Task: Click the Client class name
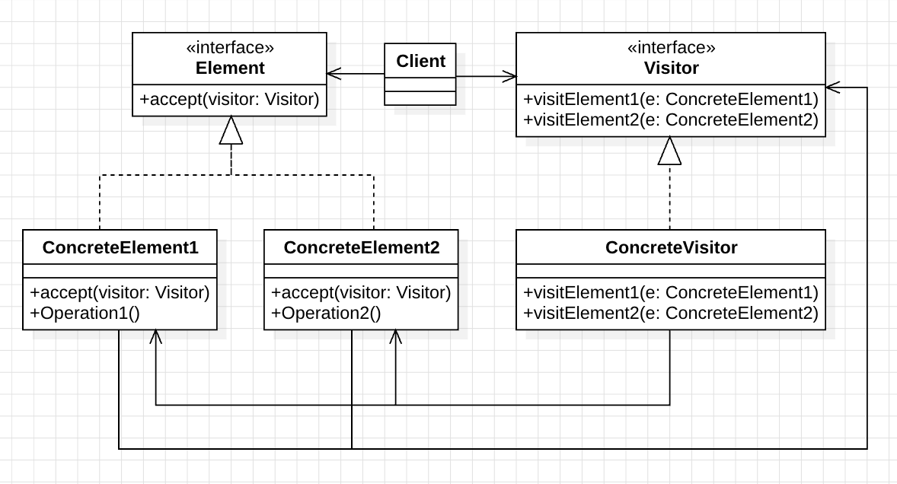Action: [x=420, y=61]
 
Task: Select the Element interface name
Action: [x=230, y=68]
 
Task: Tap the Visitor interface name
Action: [x=671, y=68]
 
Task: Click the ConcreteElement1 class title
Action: [x=120, y=247]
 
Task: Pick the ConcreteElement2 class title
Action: [x=362, y=247]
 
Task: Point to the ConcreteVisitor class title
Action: [x=671, y=247]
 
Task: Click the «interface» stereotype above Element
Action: [x=230, y=47]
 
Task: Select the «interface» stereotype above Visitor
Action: [x=671, y=47]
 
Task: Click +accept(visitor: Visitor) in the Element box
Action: [x=229, y=100]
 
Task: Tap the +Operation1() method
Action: [x=85, y=313]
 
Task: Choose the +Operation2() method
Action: [x=326, y=313]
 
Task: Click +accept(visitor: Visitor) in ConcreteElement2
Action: [x=361, y=292]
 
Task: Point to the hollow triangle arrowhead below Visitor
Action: [x=670, y=151]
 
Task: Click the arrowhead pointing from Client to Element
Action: [x=334, y=73]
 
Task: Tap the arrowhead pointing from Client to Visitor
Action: [x=509, y=76]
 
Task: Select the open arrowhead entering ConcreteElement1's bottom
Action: [x=155, y=336]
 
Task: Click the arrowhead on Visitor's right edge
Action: [x=833, y=88]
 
